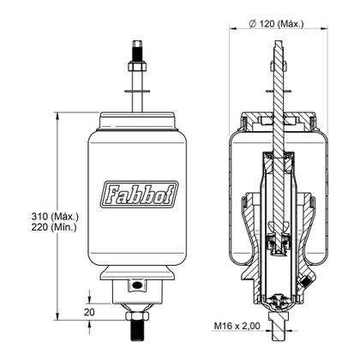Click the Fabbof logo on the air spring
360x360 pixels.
140,195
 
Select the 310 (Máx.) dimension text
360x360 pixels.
55,217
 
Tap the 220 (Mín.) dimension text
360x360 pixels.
54,227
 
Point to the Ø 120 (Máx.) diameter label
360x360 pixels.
276,24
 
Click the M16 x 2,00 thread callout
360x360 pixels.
237,326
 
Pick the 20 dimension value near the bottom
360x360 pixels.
89,312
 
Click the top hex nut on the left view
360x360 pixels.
137,67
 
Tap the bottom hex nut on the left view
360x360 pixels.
137,316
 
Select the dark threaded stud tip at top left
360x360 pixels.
137,51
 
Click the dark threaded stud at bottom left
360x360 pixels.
137,331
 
